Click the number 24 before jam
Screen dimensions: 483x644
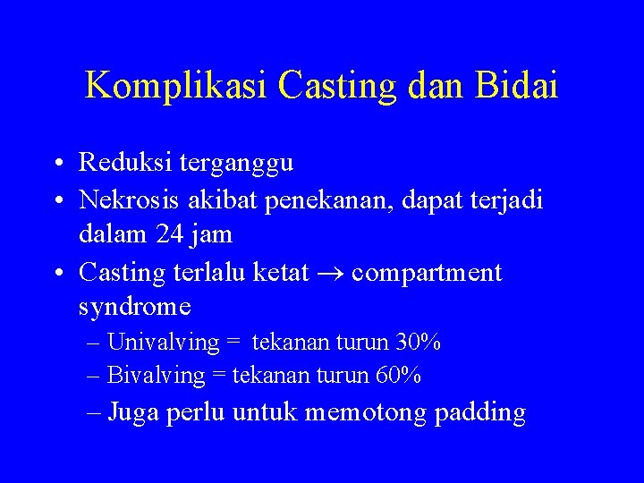click(x=166, y=235)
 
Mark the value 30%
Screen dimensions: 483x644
click(x=419, y=343)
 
